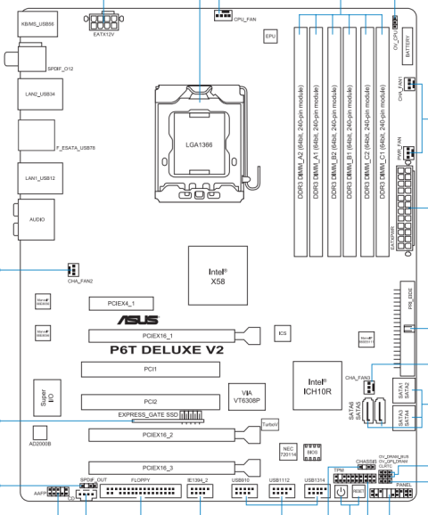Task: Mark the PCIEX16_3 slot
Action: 157,467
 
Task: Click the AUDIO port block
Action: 36,217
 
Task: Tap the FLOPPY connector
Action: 139,491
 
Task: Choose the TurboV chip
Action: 270,425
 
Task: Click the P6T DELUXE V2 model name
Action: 168,350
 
